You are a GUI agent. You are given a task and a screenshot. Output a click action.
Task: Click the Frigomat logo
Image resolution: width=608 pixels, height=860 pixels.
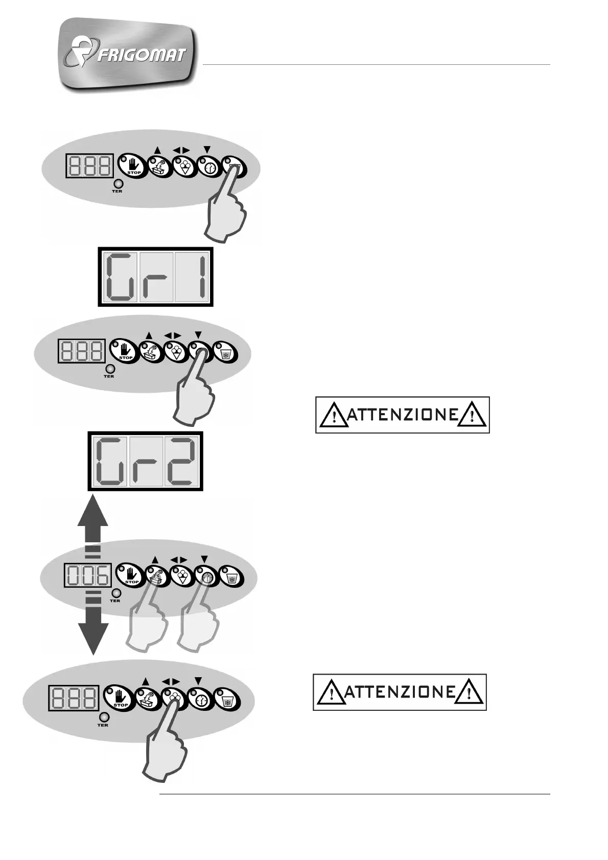[128, 55]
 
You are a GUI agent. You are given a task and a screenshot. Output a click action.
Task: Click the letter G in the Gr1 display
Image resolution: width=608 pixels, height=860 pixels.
[121, 277]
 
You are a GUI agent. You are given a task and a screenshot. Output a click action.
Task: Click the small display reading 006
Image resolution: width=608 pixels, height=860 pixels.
[87, 577]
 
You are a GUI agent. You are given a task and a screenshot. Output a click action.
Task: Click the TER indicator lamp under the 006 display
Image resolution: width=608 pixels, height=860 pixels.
[116, 593]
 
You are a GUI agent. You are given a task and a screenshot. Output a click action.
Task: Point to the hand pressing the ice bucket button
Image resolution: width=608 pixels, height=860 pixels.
[227, 204]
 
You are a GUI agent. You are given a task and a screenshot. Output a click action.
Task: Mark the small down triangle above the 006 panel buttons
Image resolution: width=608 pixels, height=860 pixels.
[204, 559]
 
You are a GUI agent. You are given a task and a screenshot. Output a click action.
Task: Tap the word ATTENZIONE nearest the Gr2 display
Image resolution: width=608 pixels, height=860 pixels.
[402, 415]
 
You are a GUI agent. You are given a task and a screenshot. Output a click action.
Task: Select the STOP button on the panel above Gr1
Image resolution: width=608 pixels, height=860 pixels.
[131, 165]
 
